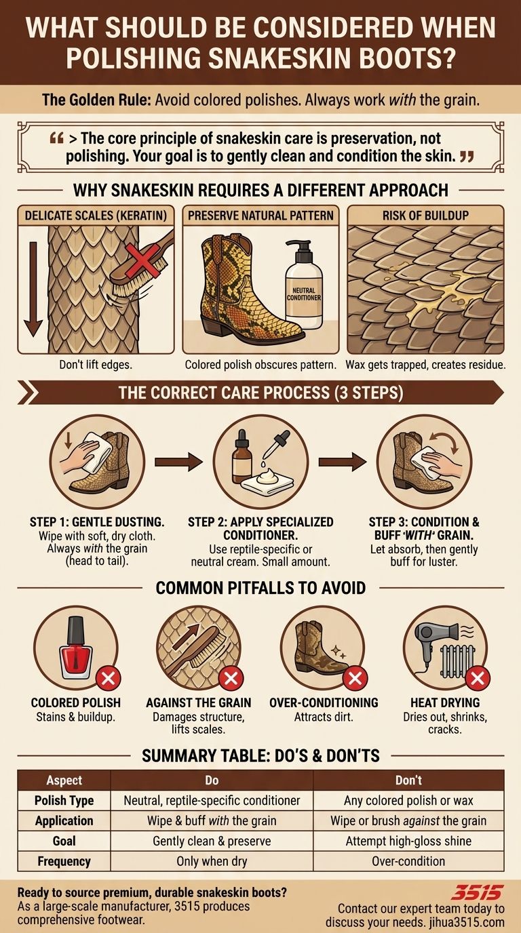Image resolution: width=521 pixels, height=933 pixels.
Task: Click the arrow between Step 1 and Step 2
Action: pos(178,462)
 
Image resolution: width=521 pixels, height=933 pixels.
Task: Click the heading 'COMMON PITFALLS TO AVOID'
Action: pos(260,587)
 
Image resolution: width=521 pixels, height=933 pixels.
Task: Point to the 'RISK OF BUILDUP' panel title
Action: pos(425,216)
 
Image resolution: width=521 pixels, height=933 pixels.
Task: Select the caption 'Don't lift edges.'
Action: pos(96,365)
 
